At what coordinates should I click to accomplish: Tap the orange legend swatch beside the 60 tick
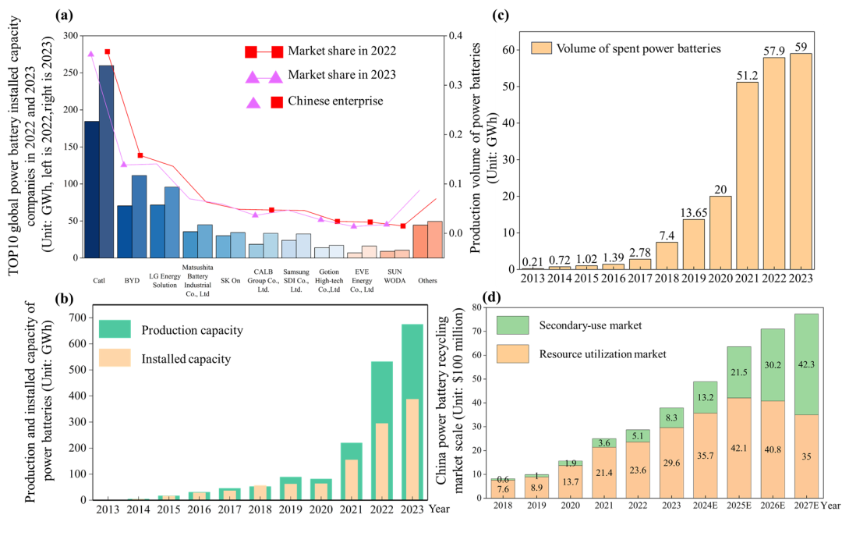click(541, 48)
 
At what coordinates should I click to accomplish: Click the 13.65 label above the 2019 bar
click(693, 213)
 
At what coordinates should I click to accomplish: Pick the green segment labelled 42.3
click(806, 364)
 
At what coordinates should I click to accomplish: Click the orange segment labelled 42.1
click(739, 447)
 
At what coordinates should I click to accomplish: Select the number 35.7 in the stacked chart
click(706, 455)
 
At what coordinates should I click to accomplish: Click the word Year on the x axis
click(832, 504)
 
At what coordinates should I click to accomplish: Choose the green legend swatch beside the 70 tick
click(512, 325)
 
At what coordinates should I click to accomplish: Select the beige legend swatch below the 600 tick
click(115, 357)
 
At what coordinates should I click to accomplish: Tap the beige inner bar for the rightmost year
click(412, 449)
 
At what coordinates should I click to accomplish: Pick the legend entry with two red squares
click(264, 52)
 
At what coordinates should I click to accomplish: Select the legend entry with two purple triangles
click(264, 76)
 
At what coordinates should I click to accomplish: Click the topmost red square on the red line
click(107, 51)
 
